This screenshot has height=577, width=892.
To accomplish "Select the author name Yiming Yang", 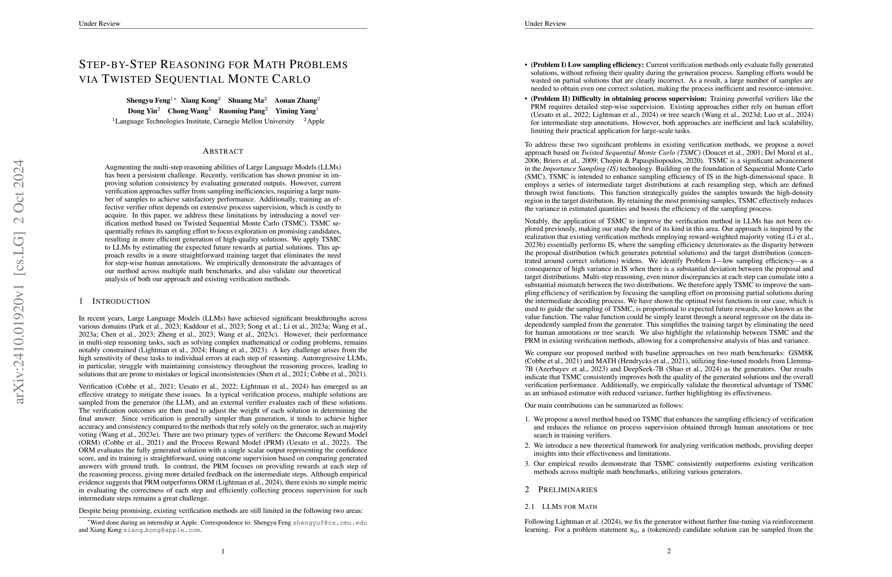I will [296, 111].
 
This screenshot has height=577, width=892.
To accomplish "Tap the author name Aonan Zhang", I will [296, 101].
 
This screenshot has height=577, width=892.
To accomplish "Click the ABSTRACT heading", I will [223, 152].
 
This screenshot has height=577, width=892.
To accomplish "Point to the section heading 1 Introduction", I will [114, 301].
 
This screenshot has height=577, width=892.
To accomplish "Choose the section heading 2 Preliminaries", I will [561, 489].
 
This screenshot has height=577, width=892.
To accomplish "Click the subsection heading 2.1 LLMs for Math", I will [561, 507].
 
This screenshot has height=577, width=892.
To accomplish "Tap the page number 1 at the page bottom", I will [223, 551].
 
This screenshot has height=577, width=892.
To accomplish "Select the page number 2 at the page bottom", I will [669, 551].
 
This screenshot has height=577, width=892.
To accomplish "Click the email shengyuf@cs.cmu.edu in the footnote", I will [330, 523].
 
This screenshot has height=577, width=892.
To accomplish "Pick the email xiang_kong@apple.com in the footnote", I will [162, 530].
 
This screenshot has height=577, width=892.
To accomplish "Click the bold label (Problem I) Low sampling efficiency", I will [587, 65].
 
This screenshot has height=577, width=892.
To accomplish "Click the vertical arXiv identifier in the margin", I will [19, 281].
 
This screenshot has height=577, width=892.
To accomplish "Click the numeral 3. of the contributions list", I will [527, 464].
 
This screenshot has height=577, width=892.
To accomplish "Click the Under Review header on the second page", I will [545, 24].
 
